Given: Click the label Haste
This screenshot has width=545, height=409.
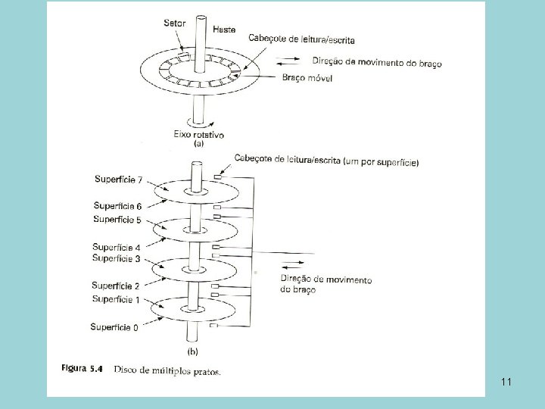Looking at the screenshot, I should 223,30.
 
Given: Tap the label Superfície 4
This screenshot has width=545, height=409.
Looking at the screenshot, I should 116,247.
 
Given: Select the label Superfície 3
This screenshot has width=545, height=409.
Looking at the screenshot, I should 116,259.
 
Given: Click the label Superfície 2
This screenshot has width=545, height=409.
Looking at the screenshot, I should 115,286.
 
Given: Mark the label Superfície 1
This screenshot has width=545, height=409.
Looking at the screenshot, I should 115,300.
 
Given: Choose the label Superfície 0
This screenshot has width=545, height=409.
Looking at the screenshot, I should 114,327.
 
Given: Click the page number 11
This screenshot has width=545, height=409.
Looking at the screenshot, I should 506,382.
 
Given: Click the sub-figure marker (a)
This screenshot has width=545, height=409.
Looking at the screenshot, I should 199,143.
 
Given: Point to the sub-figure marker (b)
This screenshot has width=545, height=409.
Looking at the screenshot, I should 194,351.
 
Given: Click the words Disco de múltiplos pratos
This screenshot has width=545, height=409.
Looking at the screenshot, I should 168,370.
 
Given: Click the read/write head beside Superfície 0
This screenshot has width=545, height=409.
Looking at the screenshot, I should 213,326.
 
